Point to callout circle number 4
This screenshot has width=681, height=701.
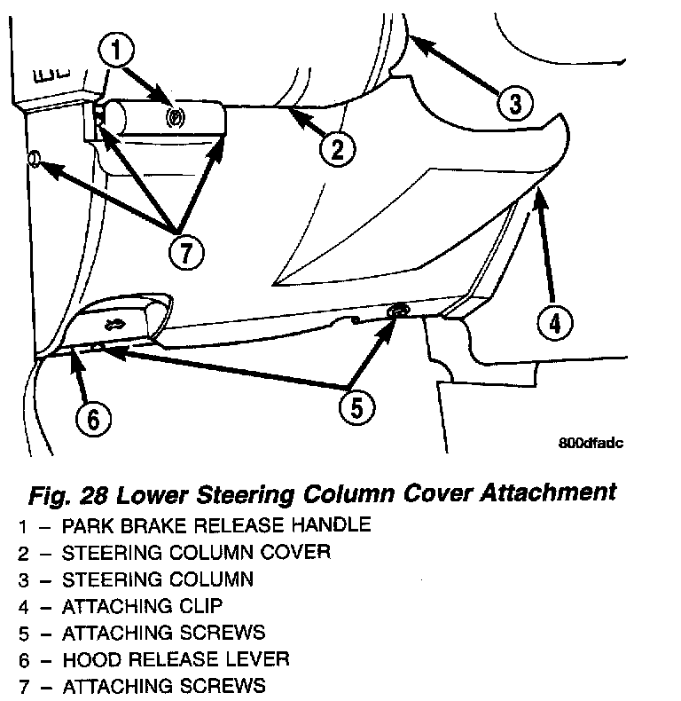(553, 323)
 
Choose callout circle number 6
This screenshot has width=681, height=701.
(93, 418)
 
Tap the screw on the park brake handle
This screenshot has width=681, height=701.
(174, 115)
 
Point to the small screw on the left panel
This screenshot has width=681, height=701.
(35, 159)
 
